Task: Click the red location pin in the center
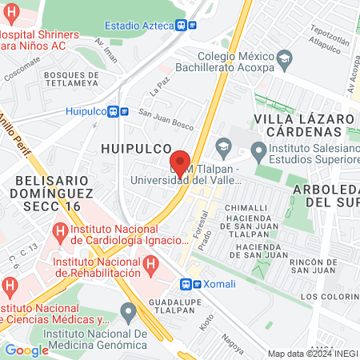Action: tap(180, 163)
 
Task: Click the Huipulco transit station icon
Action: tap(117, 112)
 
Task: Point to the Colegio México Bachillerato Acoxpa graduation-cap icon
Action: tap(284, 60)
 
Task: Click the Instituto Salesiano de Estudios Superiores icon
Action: tap(258, 150)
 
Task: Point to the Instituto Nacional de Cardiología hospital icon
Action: tap(59, 232)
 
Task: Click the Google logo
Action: tap(26, 350)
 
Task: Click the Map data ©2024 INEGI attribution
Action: tap(312, 354)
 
